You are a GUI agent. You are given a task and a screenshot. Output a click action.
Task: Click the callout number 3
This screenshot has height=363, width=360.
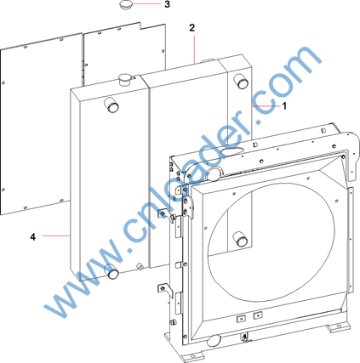[x=167, y=4]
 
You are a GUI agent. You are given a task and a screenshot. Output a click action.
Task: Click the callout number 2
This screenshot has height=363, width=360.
[x=192, y=28]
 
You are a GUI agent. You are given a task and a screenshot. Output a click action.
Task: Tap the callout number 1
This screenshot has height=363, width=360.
[x=284, y=106]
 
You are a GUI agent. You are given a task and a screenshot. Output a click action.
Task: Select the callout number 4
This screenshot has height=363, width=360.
[x=33, y=237]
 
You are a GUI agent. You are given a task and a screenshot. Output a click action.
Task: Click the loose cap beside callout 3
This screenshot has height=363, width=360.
[x=125, y=5]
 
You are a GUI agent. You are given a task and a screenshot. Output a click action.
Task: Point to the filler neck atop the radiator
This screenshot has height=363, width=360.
[x=124, y=79]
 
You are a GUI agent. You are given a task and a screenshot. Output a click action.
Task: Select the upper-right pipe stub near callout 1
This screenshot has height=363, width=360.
[x=241, y=81]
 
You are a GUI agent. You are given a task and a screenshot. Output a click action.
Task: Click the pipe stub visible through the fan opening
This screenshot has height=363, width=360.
[x=240, y=239]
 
